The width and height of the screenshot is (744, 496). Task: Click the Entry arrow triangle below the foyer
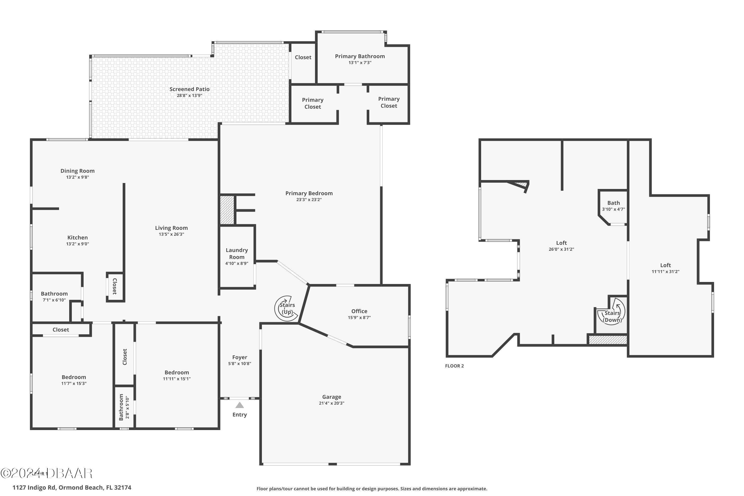pyautogui.click(x=240, y=405)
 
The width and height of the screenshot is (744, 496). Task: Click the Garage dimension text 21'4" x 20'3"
pyautogui.click(x=332, y=403)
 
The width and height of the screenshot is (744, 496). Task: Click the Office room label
pyautogui.click(x=359, y=311)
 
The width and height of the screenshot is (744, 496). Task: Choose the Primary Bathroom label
pyautogui.click(x=360, y=56)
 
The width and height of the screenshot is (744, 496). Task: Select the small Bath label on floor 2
pyautogui.click(x=613, y=203)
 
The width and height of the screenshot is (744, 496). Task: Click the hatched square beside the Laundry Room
pyautogui.click(x=227, y=210)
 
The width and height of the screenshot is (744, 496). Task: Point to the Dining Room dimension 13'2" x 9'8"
pyautogui.click(x=77, y=177)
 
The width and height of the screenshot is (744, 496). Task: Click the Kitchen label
pyautogui.click(x=77, y=237)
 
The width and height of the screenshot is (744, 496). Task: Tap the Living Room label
pyautogui.click(x=171, y=228)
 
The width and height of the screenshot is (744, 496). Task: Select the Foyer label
pyautogui.click(x=240, y=357)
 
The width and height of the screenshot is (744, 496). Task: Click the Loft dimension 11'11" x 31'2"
pyautogui.click(x=665, y=271)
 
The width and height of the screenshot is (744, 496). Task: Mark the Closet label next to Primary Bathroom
pyautogui.click(x=303, y=57)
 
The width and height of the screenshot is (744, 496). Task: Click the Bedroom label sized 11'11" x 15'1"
pyautogui.click(x=177, y=372)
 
